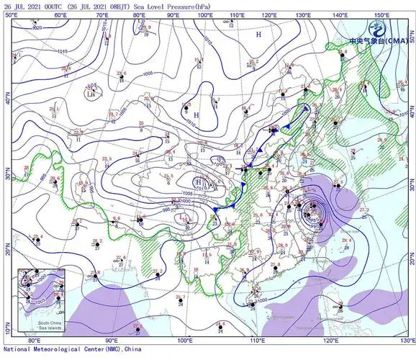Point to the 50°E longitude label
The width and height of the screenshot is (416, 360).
coord(10,14)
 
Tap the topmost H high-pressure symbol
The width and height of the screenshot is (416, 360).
coord(259,34)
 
